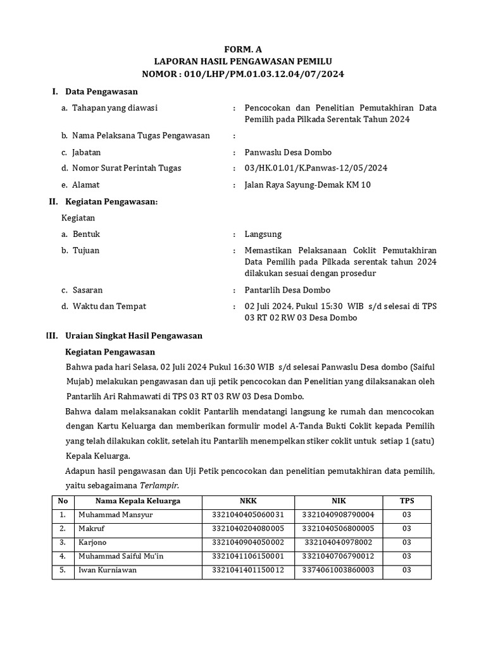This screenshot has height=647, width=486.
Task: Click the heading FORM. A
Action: [243, 49]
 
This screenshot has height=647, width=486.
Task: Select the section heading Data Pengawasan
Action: [101, 92]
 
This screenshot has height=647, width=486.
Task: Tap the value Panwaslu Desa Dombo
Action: [288, 152]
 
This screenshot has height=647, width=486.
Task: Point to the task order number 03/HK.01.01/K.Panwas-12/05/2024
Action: [316, 168]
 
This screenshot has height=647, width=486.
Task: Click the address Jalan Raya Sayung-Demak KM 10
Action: [308, 185]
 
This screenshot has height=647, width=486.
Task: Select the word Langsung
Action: [263, 234]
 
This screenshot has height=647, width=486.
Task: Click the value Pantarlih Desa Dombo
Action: [287, 290]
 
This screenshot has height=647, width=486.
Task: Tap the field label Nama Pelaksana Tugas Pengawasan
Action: [141, 135]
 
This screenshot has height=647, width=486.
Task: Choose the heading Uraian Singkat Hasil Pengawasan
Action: [134, 336]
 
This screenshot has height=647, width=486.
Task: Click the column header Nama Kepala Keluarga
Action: [138, 501]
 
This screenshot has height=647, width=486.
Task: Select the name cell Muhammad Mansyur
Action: [111, 515]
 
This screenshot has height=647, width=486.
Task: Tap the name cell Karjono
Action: [92, 542]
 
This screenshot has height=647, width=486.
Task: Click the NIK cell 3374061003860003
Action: [338, 570]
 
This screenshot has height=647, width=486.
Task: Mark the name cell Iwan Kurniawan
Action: [107, 570]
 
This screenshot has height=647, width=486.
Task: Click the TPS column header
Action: [406, 501]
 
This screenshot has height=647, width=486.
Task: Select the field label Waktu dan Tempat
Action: [109, 306]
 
